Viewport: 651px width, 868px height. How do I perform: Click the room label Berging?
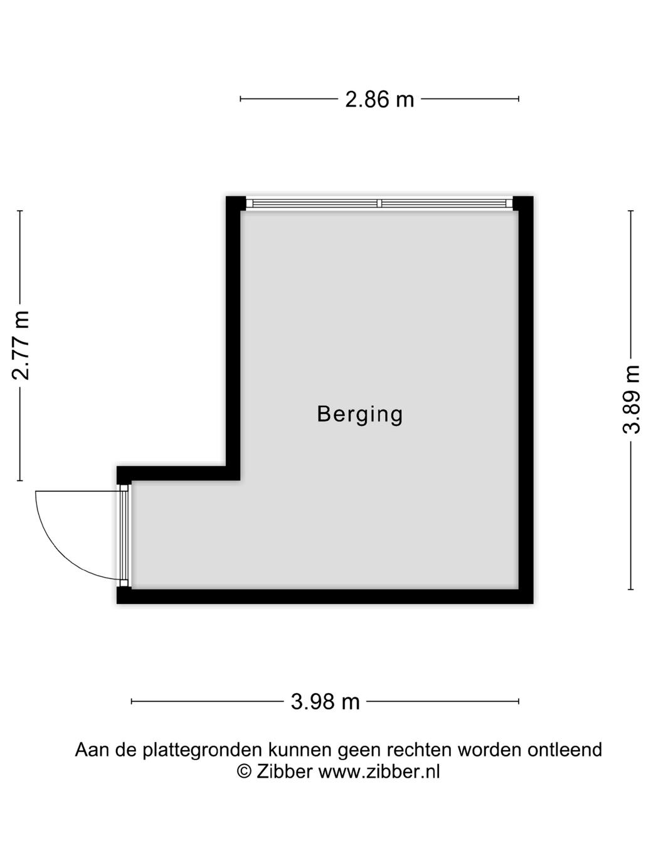point(359,414)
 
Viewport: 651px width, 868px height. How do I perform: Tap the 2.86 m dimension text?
point(379,99)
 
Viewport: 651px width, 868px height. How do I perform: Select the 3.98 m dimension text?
point(325,701)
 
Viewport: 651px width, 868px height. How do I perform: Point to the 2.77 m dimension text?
point(21,345)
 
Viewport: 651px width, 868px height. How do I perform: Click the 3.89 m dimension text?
point(631,400)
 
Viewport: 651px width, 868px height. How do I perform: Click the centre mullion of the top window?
point(379,203)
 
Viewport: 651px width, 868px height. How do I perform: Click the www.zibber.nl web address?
point(379,771)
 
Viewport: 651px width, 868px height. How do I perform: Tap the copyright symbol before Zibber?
point(244,771)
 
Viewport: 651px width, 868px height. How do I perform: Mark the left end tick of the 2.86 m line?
point(241,98)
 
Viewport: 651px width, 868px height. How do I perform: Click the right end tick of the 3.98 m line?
point(519,701)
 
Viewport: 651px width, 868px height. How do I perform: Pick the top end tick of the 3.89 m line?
point(631,211)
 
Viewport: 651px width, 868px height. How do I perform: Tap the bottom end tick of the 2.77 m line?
point(20,480)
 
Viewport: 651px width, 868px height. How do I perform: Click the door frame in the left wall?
point(124,535)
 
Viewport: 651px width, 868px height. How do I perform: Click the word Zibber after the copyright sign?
point(284,771)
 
